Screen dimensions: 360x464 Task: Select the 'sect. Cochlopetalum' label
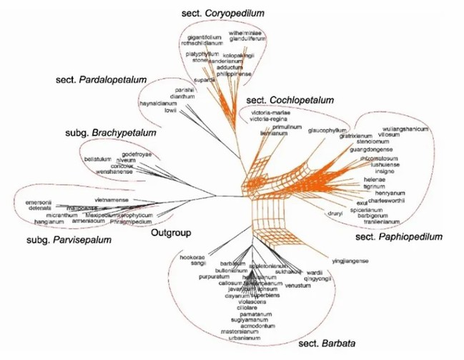coord(290,100)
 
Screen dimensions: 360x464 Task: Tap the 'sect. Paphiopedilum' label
coord(399,236)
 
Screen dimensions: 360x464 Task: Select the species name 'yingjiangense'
coord(350,261)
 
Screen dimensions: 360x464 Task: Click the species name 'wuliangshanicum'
coord(405,129)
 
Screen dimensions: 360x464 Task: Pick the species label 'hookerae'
coord(194,256)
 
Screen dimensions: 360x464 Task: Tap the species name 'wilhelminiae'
coord(245,33)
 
